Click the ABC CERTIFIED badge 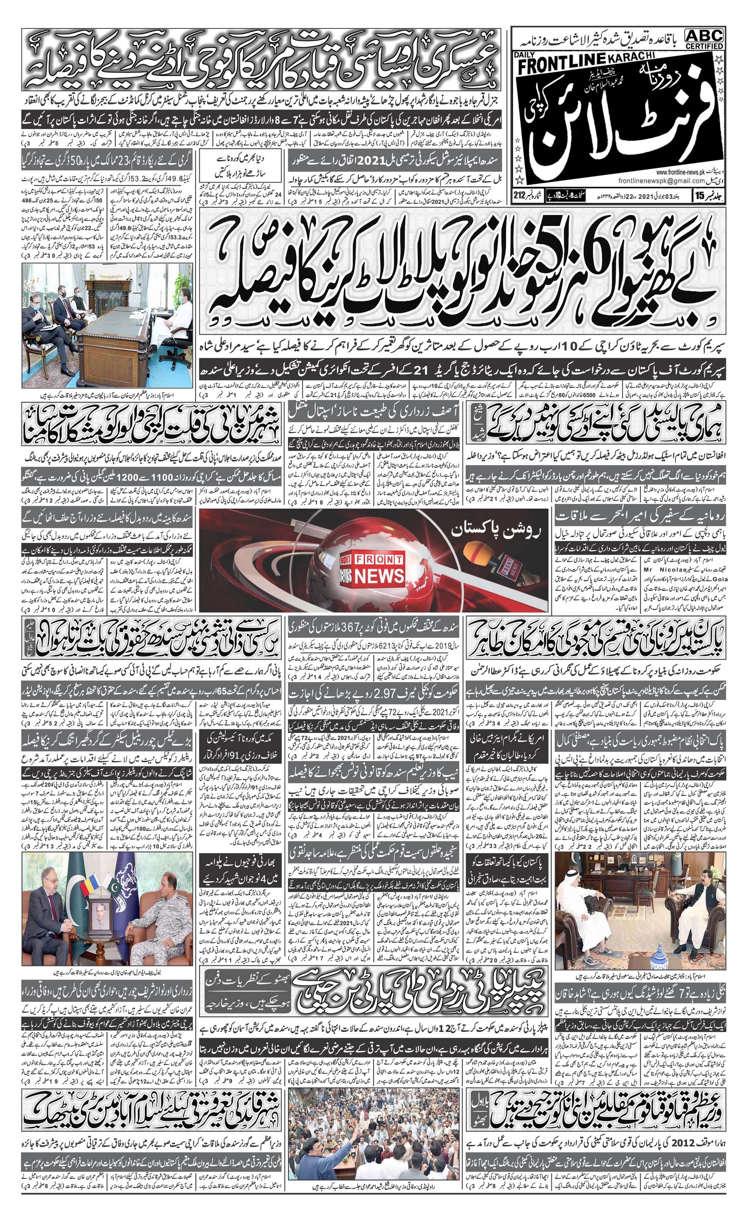click(x=704, y=39)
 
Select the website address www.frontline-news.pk click(x=688, y=173)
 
